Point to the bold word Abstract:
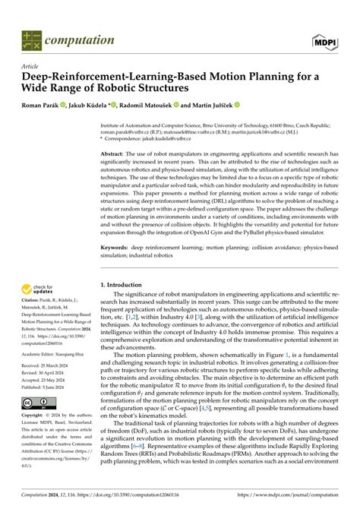point(117,153)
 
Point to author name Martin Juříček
point(212,105)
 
